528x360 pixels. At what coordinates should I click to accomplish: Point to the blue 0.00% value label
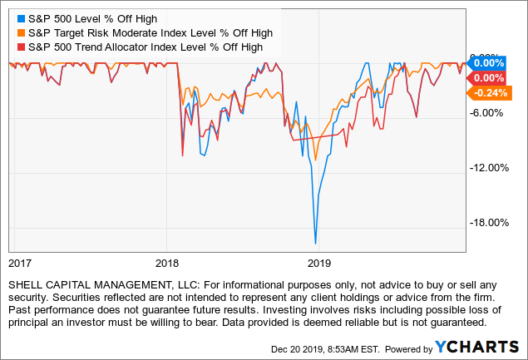[490, 62]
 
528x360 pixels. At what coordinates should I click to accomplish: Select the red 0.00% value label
[490, 77]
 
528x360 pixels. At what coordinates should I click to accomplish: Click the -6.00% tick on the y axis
[490, 113]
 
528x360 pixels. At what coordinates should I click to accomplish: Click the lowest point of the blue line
[315, 243]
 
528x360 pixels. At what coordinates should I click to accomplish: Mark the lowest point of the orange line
[315, 160]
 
